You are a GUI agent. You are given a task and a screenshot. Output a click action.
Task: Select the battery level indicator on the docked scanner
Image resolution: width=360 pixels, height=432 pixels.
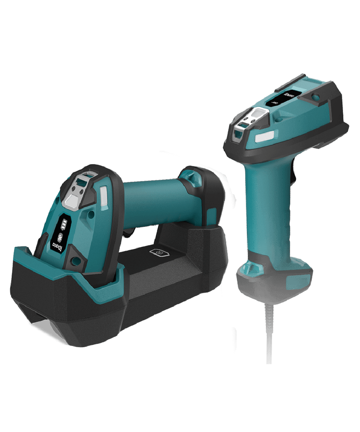(64, 223)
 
